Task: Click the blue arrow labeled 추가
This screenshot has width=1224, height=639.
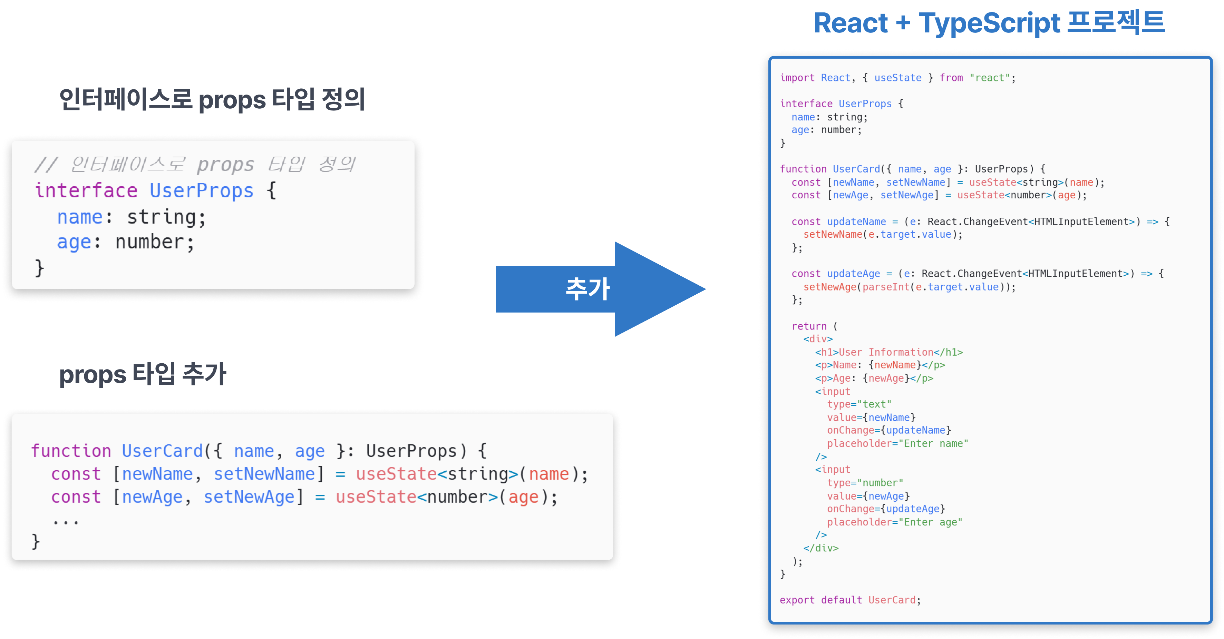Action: coord(589,289)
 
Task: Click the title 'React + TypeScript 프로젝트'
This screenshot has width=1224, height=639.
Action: coord(988,23)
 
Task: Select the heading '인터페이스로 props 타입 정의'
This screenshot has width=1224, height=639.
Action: coord(212,100)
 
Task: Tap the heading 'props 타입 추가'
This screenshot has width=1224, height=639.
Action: coord(143,374)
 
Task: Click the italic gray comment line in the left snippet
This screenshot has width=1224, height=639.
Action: coord(195,164)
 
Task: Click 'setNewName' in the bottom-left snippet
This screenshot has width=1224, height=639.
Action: coord(264,474)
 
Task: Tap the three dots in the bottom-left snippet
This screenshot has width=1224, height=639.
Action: coord(66,522)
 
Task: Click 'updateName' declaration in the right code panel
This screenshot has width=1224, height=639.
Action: coord(856,222)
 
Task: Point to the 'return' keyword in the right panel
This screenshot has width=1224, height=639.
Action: coord(809,326)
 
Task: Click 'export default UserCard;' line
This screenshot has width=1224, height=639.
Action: coord(849,600)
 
